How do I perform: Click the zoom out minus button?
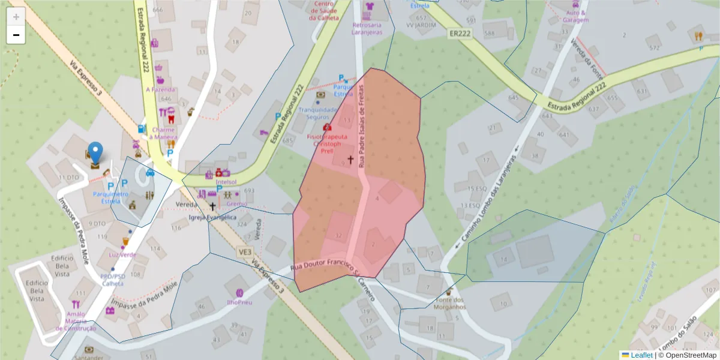(x=16, y=35)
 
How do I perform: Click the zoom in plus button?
(x=16, y=17)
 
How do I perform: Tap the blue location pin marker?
(x=95, y=154)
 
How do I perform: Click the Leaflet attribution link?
(x=641, y=355)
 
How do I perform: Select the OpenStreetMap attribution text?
(x=687, y=355)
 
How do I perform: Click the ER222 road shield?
(x=460, y=34)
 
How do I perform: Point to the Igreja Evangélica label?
(x=212, y=217)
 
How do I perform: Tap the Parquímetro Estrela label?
(x=110, y=197)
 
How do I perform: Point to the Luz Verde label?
(x=122, y=254)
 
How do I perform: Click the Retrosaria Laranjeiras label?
(x=368, y=29)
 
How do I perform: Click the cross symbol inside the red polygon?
(x=350, y=160)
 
